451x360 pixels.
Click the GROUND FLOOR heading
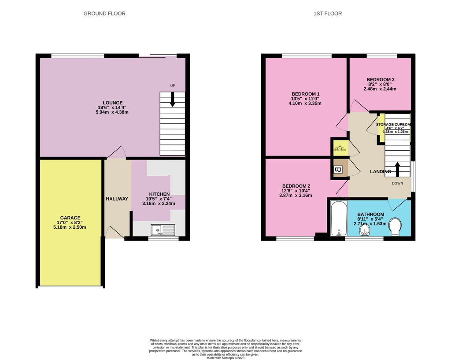point(104,14)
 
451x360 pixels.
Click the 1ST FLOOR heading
point(327,14)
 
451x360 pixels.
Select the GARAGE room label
point(70,218)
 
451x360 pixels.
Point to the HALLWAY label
point(117,199)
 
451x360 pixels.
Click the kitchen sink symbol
point(163,229)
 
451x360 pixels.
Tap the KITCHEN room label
point(159,194)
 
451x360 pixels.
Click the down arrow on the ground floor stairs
point(172,99)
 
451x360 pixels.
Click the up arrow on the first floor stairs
point(397,169)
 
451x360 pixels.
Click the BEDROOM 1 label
point(306,94)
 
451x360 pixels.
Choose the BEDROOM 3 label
point(381,79)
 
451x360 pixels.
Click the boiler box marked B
point(339,170)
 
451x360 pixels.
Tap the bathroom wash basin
point(364,232)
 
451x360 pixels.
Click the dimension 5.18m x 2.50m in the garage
point(70,227)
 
